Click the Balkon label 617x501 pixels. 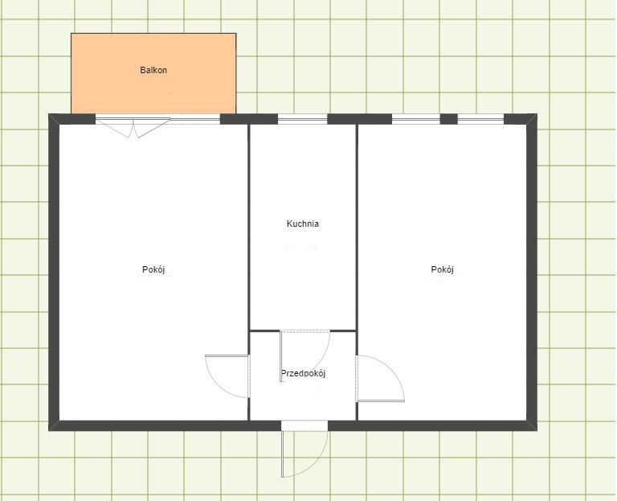(153, 70)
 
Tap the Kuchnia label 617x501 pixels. (303, 224)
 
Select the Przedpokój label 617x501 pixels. (303, 373)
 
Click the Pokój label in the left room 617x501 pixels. (153, 269)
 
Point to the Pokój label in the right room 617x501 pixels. (443, 269)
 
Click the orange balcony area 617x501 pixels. (153, 73)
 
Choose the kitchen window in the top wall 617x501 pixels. (303, 119)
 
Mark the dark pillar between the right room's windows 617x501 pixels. (448, 119)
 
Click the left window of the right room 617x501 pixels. (416, 119)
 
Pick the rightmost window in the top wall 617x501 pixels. (481, 119)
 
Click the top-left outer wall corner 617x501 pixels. (49, 114)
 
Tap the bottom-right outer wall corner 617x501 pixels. (537, 430)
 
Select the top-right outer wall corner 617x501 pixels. (537, 114)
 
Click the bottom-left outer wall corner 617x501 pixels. (49, 430)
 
